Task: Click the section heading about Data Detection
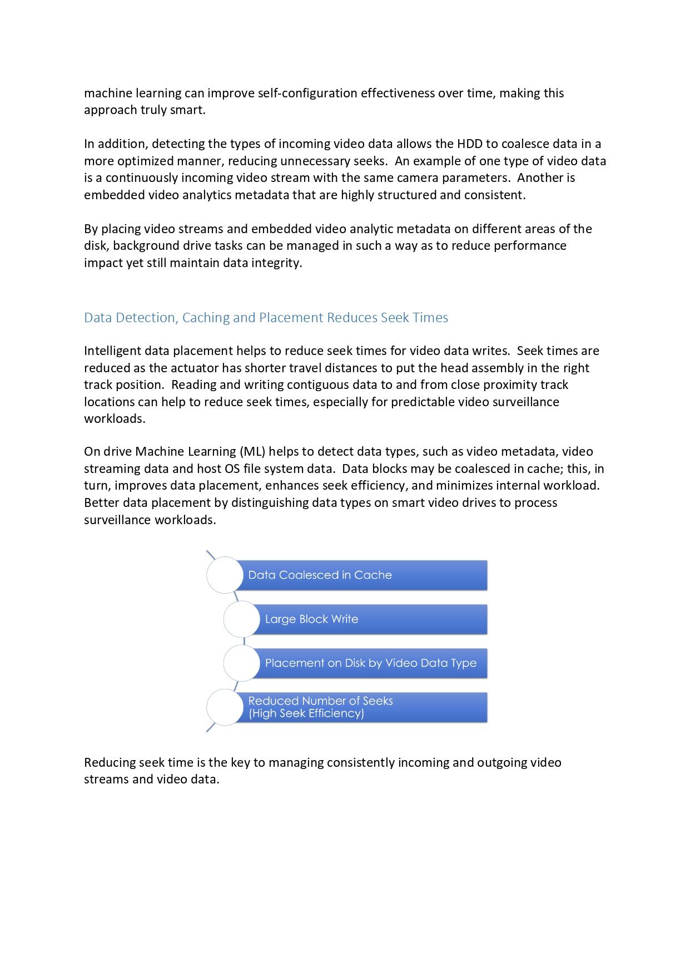pos(266,318)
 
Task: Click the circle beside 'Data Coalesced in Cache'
pos(225,575)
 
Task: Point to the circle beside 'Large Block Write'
pos(242,619)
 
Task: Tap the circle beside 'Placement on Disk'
pos(242,663)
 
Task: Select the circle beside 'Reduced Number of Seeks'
pos(225,707)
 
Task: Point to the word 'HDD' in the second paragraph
pos(470,144)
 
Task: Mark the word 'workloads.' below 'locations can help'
pos(115,419)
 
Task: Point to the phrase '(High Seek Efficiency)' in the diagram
pos(306,714)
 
